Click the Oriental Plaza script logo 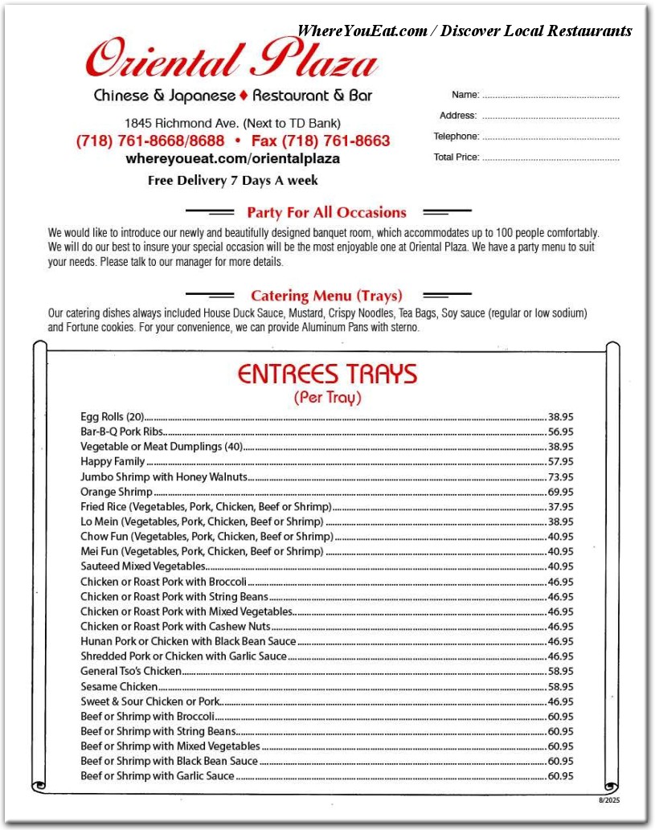coord(231,59)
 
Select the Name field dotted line coord(551,96)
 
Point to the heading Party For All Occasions coord(326,213)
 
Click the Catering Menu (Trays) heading coord(326,296)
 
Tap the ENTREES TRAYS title coord(327,374)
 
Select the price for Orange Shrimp coord(560,492)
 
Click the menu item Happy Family coord(113,462)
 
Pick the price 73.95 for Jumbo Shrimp coord(560,477)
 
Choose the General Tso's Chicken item coord(131,672)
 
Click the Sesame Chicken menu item coord(119,687)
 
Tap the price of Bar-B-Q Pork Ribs coord(560,432)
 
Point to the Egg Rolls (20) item coord(112,417)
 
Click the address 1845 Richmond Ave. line coord(232,124)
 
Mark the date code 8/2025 coord(608,800)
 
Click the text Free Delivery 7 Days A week coord(232,181)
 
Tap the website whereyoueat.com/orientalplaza coord(232,159)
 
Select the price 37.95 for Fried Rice coord(560,507)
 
